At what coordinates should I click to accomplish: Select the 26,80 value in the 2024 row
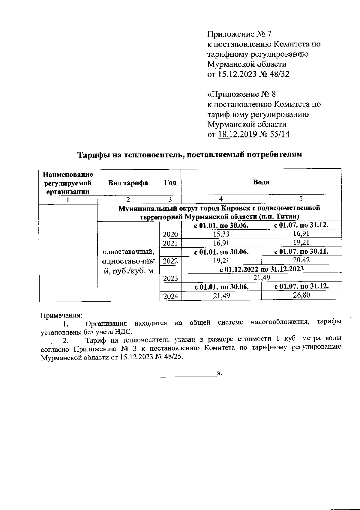tap(301, 295)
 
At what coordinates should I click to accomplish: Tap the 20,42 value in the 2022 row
tap(301, 260)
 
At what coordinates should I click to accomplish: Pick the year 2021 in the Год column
tap(170, 243)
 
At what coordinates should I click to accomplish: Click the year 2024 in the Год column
tap(170, 296)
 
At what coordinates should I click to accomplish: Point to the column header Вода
tap(261, 182)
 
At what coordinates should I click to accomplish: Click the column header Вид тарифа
tap(128, 183)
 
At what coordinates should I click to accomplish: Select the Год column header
tap(170, 183)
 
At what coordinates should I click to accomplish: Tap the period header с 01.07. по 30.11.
tap(301, 252)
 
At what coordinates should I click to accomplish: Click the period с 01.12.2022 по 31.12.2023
tap(262, 269)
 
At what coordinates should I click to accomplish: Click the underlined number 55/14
tap(280, 134)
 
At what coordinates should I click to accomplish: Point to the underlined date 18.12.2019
tap(237, 134)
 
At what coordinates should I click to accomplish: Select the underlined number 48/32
tap(279, 74)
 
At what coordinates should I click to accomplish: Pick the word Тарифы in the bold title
tap(92, 155)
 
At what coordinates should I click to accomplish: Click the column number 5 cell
tap(301, 199)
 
